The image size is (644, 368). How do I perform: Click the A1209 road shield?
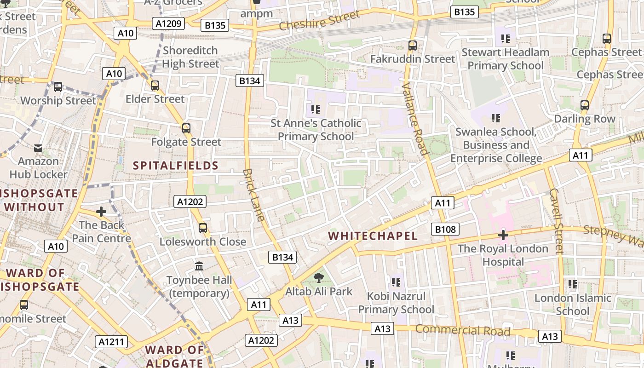[169, 23]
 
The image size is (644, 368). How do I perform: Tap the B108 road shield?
[445, 229]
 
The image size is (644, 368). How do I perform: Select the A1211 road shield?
[111, 342]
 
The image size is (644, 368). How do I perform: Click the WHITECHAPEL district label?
[373, 236]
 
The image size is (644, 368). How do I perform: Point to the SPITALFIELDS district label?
[176, 166]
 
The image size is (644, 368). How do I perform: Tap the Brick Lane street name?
[253, 195]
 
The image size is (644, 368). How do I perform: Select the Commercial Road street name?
[463, 330]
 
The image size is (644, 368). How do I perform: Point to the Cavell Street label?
[556, 221]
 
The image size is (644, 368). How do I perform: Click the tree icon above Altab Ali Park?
[318, 277]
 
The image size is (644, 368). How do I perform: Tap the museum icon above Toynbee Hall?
[199, 266]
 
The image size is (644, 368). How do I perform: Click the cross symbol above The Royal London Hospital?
[503, 235]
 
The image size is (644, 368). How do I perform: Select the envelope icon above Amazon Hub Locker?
[38, 148]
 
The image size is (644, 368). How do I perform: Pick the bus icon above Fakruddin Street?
[413, 46]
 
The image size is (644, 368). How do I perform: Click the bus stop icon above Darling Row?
[584, 105]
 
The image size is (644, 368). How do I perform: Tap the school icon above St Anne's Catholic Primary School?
[316, 109]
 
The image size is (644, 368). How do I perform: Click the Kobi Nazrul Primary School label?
[396, 303]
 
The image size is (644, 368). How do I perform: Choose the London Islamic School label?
[572, 305]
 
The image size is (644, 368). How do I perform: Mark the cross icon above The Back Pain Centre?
[101, 212]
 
